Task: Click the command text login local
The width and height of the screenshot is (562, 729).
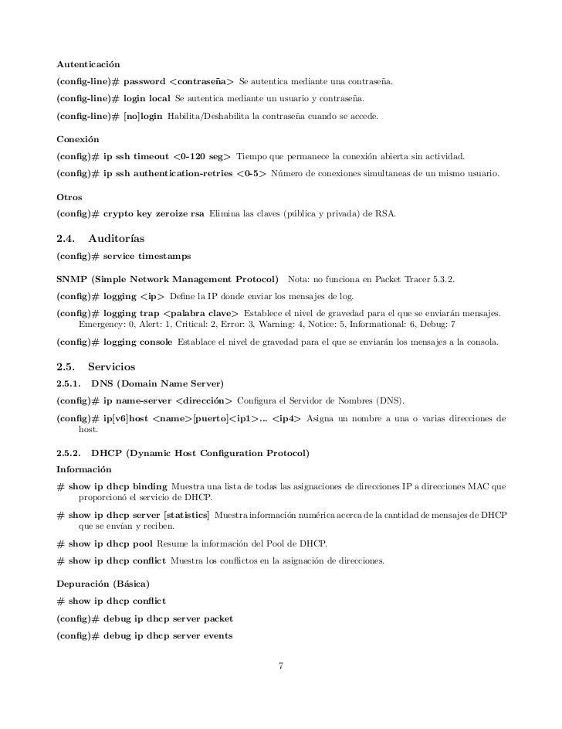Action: [x=147, y=100]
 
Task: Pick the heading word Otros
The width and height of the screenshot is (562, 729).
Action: [x=69, y=197]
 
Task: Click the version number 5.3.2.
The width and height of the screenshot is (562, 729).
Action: [x=442, y=278]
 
